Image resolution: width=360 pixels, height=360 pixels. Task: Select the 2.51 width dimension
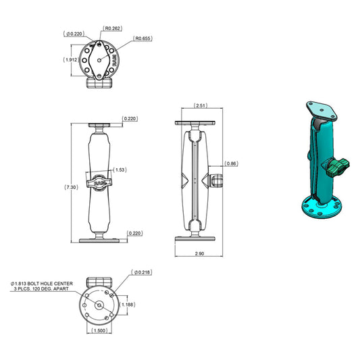[200, 106]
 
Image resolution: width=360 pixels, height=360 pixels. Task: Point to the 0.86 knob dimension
[231, 164]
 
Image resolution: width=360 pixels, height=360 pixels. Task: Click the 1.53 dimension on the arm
[120, 170]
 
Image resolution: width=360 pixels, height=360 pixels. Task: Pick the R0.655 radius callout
[143, 38]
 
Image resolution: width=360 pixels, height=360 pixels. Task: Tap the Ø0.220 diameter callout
[74, 33]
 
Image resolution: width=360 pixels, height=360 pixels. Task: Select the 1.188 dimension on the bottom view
[128, 305]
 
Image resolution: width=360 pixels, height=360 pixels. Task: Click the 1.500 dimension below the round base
[100, 332]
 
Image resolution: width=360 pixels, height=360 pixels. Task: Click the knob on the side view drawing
[217, 181]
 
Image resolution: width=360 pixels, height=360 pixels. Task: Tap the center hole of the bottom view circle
[99, 305]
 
